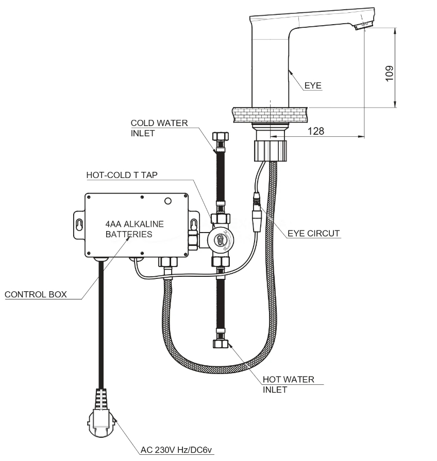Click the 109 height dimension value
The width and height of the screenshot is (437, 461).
click(x=389, y=73)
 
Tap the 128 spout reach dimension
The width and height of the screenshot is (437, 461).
click(x=316, y=131)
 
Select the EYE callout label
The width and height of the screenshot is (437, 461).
click(x=313, y=85)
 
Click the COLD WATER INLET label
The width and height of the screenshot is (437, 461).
click(x=159, y=128)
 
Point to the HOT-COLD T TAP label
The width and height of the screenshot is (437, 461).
click(x=122, y=175)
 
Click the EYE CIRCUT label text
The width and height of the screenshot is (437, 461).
click(x=314, y=234)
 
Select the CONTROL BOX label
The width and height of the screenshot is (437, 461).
click(x=36, y=295)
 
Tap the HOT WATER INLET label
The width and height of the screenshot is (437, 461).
click(x=289, y=384)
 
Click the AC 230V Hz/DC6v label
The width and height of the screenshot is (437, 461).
click(x=176, y=450)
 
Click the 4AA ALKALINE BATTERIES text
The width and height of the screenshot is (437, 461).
click(x=135, y=229)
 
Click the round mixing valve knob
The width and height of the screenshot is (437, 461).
click(x=220, y=239)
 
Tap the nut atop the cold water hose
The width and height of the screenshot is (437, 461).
click(x=221, y=137)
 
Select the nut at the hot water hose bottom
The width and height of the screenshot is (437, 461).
click(x=221, y=344)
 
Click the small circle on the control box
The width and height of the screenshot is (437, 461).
click(x=168, y=201)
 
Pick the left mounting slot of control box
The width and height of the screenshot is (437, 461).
click(x=79, y=225)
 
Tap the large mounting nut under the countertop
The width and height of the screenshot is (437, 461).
click(x=270, y=151)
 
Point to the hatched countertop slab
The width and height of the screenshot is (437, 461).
click(x=270, y=115)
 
